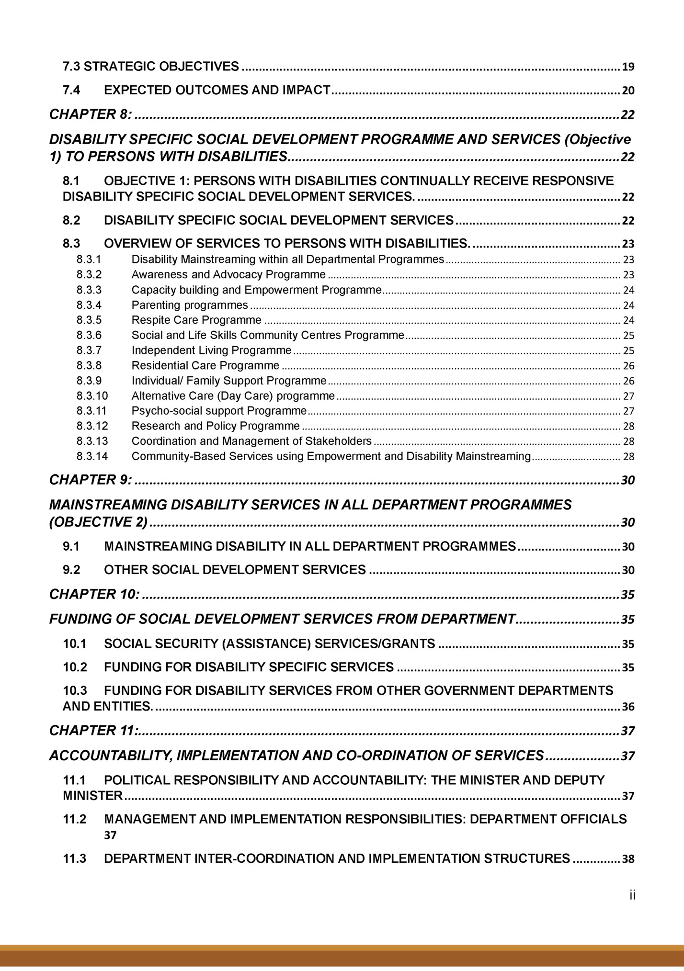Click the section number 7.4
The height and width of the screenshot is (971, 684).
pyautogui.click(x=72, y=90)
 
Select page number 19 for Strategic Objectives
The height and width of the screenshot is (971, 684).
pyautogui.click(x=628, y=67)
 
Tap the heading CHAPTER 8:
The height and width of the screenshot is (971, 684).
pyautogui.click(x=91, y=114)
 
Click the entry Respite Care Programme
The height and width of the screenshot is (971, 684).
pyautogui.click(x=196, y=320)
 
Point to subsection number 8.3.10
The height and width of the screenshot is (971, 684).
pyautogui.click(x=92, y=396)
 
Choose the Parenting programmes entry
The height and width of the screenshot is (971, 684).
pyautogui.click(x=190, y=305)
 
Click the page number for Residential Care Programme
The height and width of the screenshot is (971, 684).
pyautogui.click(x=628, y=366)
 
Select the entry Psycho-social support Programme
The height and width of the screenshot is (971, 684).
pyautogui.click(x=219, y=411)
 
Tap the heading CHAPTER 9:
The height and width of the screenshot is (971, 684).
pyautogui.click(x=91, y=480)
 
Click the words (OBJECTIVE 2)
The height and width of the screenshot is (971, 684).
pyautogui.click(x=99, y=521)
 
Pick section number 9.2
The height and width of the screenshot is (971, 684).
pyautogui.click(x=72, y=570)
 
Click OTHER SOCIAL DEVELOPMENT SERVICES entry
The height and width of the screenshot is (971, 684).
pyautogui.click(x=235, y=570)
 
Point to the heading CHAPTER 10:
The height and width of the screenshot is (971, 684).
pyautogui.click(x=94, y=594)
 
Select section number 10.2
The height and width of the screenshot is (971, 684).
pyautogui.click(x=75, y=667)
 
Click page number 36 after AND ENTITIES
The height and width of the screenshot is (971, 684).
pyautogui.click(x=628, y=707)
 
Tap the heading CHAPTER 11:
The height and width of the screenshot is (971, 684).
pyautogui.click(x=94, y=731)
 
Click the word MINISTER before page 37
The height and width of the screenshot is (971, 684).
pyautogui.click(x=93, y=796)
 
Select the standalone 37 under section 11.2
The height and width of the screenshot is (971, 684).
pyautogui.click(x=110, y=836)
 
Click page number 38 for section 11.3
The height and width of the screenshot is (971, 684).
pyautogui.click(x=628, y=859)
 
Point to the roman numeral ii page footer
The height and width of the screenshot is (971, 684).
pyautogui.click(x=632, y=895)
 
